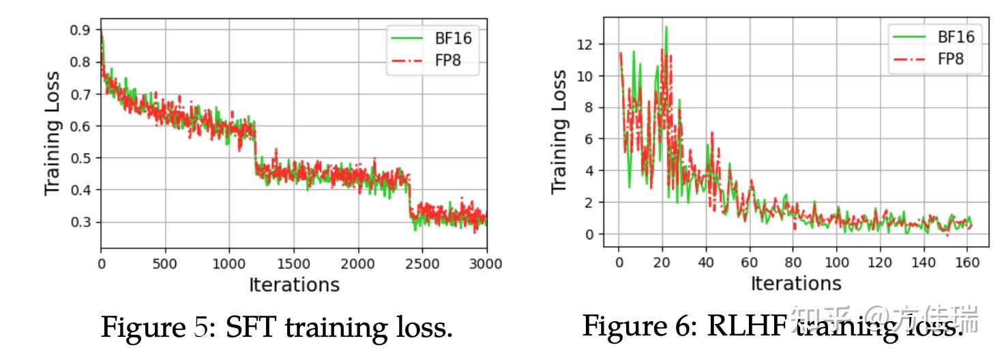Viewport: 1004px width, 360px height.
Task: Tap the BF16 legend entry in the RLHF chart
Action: (955, 36)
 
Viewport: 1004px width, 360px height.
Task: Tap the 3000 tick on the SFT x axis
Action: (486, 264)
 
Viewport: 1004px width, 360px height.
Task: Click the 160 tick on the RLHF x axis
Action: (968, 262)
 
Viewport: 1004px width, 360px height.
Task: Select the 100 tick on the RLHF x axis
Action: (837, 262)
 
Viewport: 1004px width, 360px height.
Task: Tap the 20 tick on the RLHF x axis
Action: (662, 262)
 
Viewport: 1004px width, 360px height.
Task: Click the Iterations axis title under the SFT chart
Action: (294, 284)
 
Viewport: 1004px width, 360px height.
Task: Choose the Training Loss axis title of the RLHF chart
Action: (559, 131)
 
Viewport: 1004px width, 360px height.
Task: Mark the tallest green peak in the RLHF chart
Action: (666, 27)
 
